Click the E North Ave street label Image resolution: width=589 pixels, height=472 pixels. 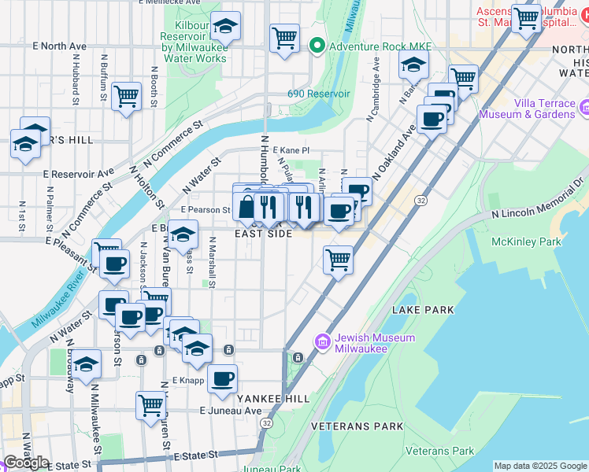(60, 46)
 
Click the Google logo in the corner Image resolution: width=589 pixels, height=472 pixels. (25, 462)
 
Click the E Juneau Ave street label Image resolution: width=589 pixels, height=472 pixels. (230, 411)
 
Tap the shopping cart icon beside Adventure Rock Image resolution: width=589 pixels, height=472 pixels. (284, 37)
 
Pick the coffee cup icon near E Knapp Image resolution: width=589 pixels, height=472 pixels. (223, 379)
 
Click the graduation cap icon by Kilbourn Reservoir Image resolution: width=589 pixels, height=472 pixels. (225, 28)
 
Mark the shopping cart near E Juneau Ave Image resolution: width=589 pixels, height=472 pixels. (150, 406)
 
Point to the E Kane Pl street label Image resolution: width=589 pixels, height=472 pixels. (287, 149)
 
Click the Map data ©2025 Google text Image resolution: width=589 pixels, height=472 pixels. (539, 466)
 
